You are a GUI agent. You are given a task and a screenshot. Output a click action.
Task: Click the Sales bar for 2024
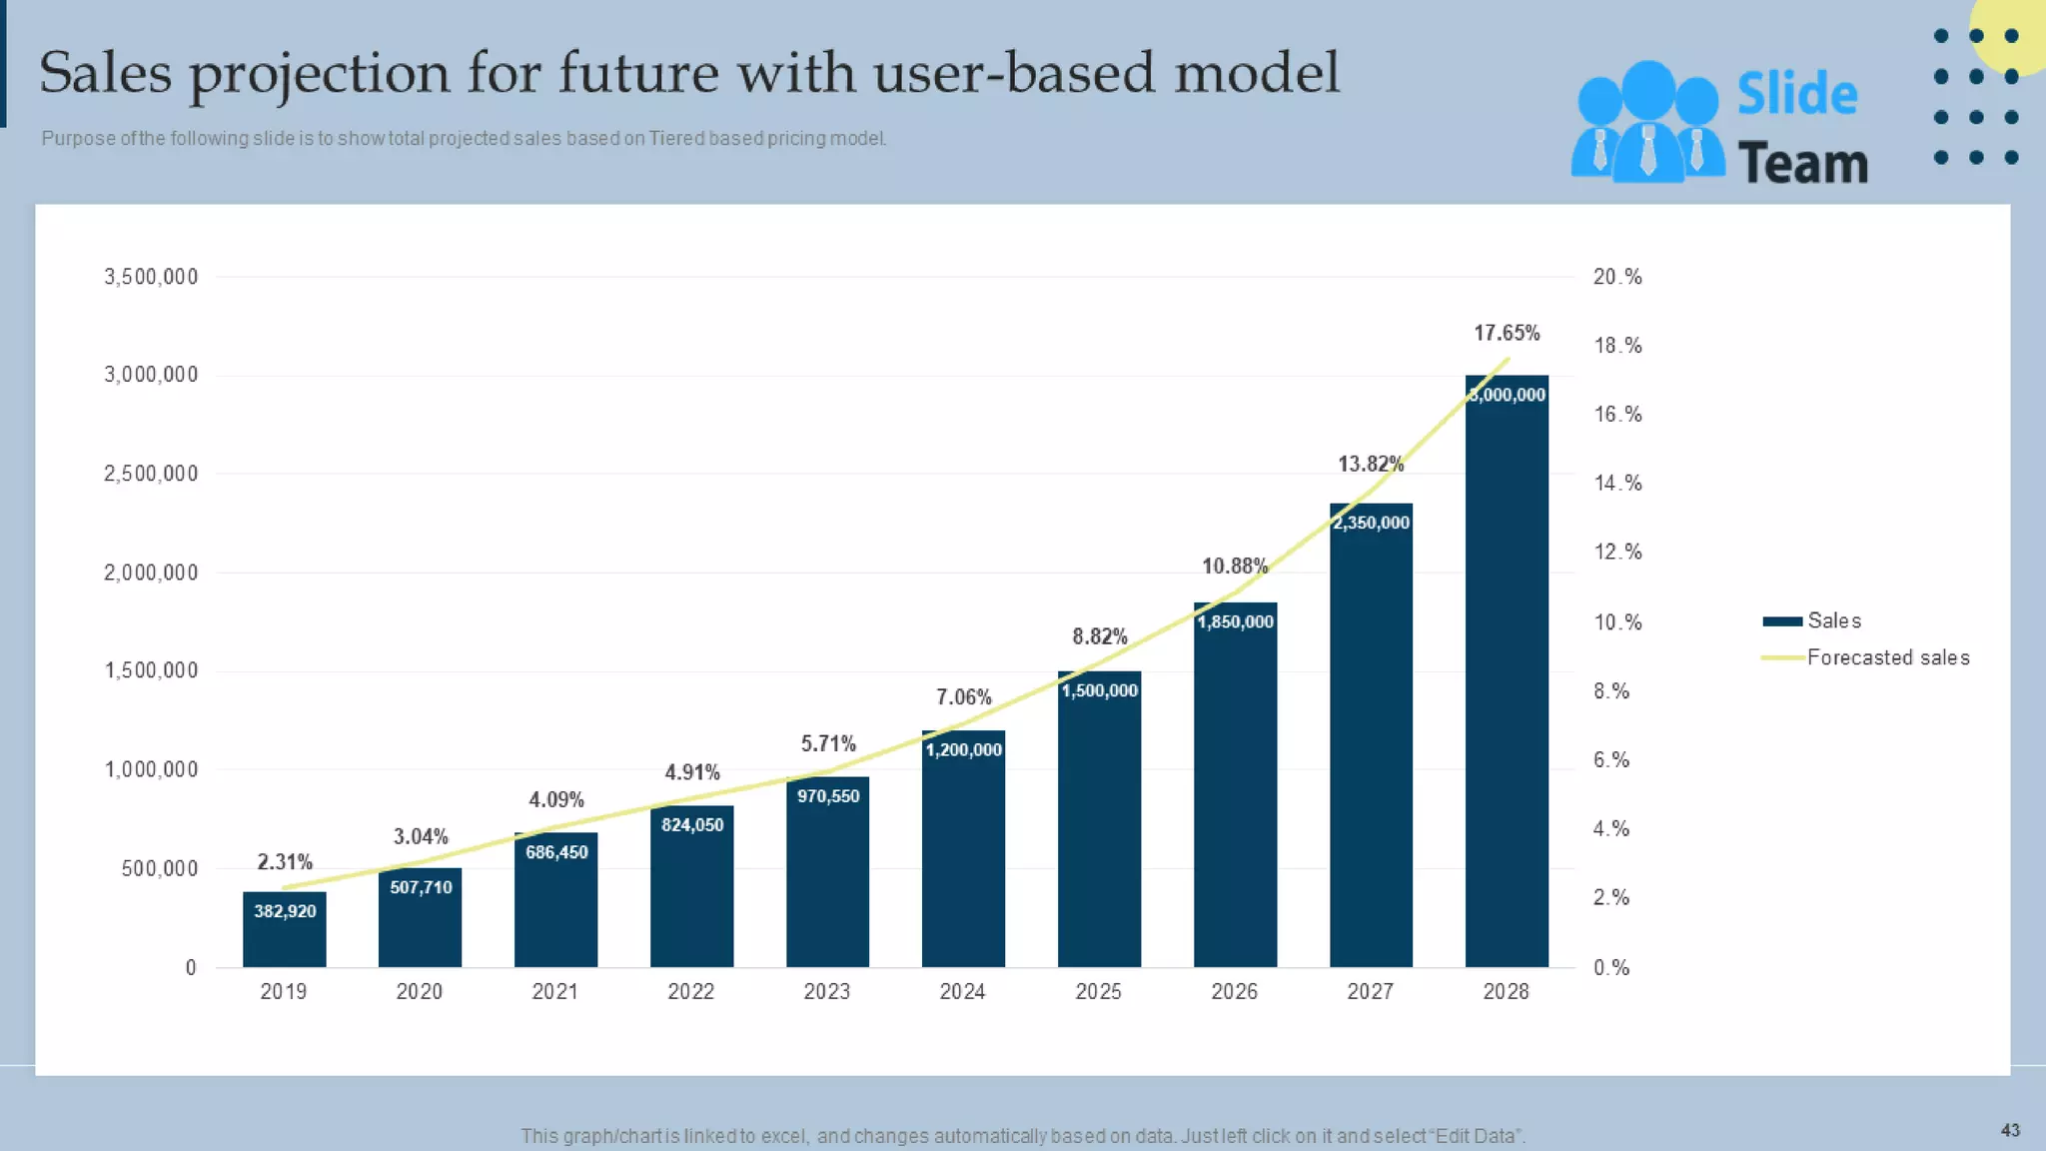point(963,859)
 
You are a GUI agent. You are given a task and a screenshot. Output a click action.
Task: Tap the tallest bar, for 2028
point(1507,679)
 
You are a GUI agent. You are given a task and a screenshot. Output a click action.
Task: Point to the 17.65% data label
point(1507,333)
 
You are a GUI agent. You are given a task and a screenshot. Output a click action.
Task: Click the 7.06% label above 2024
point(963,696)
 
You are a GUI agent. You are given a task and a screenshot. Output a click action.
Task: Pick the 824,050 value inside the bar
point(692,825)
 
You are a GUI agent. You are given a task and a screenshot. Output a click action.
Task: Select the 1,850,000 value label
point(1236,621)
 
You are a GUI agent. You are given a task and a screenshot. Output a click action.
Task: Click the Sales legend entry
point(1833,620)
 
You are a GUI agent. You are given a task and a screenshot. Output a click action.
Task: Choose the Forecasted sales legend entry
point(1887,657)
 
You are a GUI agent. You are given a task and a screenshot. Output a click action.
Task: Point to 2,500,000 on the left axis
point(151,474)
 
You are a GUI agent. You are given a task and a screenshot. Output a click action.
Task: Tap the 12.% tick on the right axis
point(1617,552)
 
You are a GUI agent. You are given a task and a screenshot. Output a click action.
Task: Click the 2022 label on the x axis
point(691,991)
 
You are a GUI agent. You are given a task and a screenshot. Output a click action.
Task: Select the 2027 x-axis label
point(1370,991)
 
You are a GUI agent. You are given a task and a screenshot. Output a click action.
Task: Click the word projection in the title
point(319,74)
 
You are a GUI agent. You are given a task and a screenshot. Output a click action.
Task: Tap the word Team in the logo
point(1801,163)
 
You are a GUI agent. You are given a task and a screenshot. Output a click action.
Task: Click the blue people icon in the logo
point(1647,122)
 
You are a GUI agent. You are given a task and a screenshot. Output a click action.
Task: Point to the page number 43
point(2010,1130)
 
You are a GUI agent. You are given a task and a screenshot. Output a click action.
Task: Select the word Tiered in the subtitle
point(676,139)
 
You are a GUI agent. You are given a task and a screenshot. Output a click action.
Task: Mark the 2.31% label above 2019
point(285,861)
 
